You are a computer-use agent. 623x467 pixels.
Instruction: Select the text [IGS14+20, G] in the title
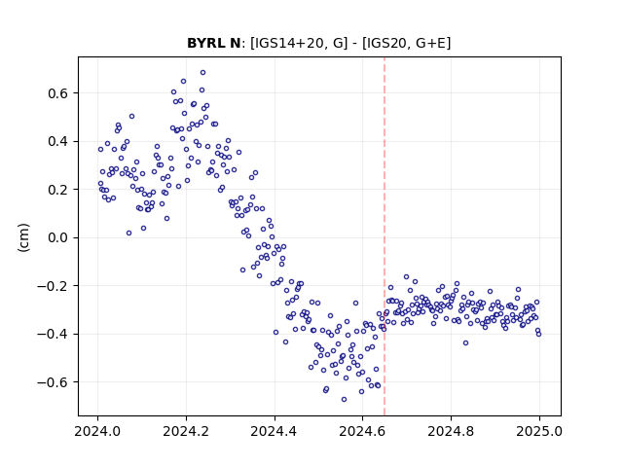pyautogui.click(x=299, y=43)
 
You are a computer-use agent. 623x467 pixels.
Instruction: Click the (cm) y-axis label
pyautogui.click(x=23, y=237)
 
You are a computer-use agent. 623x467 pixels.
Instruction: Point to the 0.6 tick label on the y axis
pyautogui.click(x=58, y=93)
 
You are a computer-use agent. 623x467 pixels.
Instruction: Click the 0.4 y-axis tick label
pyautogui.click(x=58, y=141)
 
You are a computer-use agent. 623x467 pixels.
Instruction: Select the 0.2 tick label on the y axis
pyautogui.click(x=58, y=190)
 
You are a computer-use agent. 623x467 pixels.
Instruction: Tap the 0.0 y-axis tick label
pyautogui.click(x=58, y=237)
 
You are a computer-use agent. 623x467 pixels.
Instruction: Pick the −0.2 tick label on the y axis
pyautogui.click(x=53, y=285)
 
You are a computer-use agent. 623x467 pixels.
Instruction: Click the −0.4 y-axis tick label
pyautogui.click(x=53, y=334)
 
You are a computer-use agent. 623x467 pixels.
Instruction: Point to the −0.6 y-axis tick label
pyautogui.click(x=53, y=382)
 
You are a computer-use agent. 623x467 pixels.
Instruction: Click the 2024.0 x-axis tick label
pyautogui.click(x=97, y=431)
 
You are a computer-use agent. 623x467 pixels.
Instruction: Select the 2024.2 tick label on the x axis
pyautogui.click(x=186, y=431)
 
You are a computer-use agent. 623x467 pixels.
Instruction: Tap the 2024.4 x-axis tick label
pyautogui.click(x=275, y=431)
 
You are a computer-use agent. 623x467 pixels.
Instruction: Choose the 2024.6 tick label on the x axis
pyautogui.click(x=362, y=431)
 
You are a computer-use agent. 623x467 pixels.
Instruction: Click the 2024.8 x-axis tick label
pyautogui.click(x=451, y=431)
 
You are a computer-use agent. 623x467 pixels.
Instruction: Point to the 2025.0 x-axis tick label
pyautogui.click(x=539, y=431)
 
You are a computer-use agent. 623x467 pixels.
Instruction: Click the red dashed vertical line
pyautogui.click(x=385, y=236)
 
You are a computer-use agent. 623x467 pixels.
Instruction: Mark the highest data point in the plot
pyautogui.click(x=202, y=73)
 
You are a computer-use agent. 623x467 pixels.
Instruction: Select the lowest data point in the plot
pyautogui.click(x=344, y=399)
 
